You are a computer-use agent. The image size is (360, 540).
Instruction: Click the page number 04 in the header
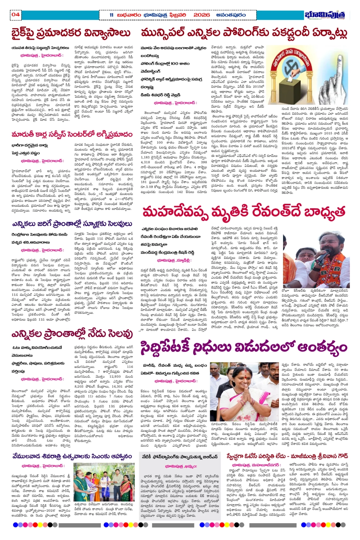[16, 15]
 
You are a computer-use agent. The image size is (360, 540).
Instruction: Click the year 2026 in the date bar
[202, 15]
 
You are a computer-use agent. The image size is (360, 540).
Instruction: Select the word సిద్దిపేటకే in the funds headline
[165, 347]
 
